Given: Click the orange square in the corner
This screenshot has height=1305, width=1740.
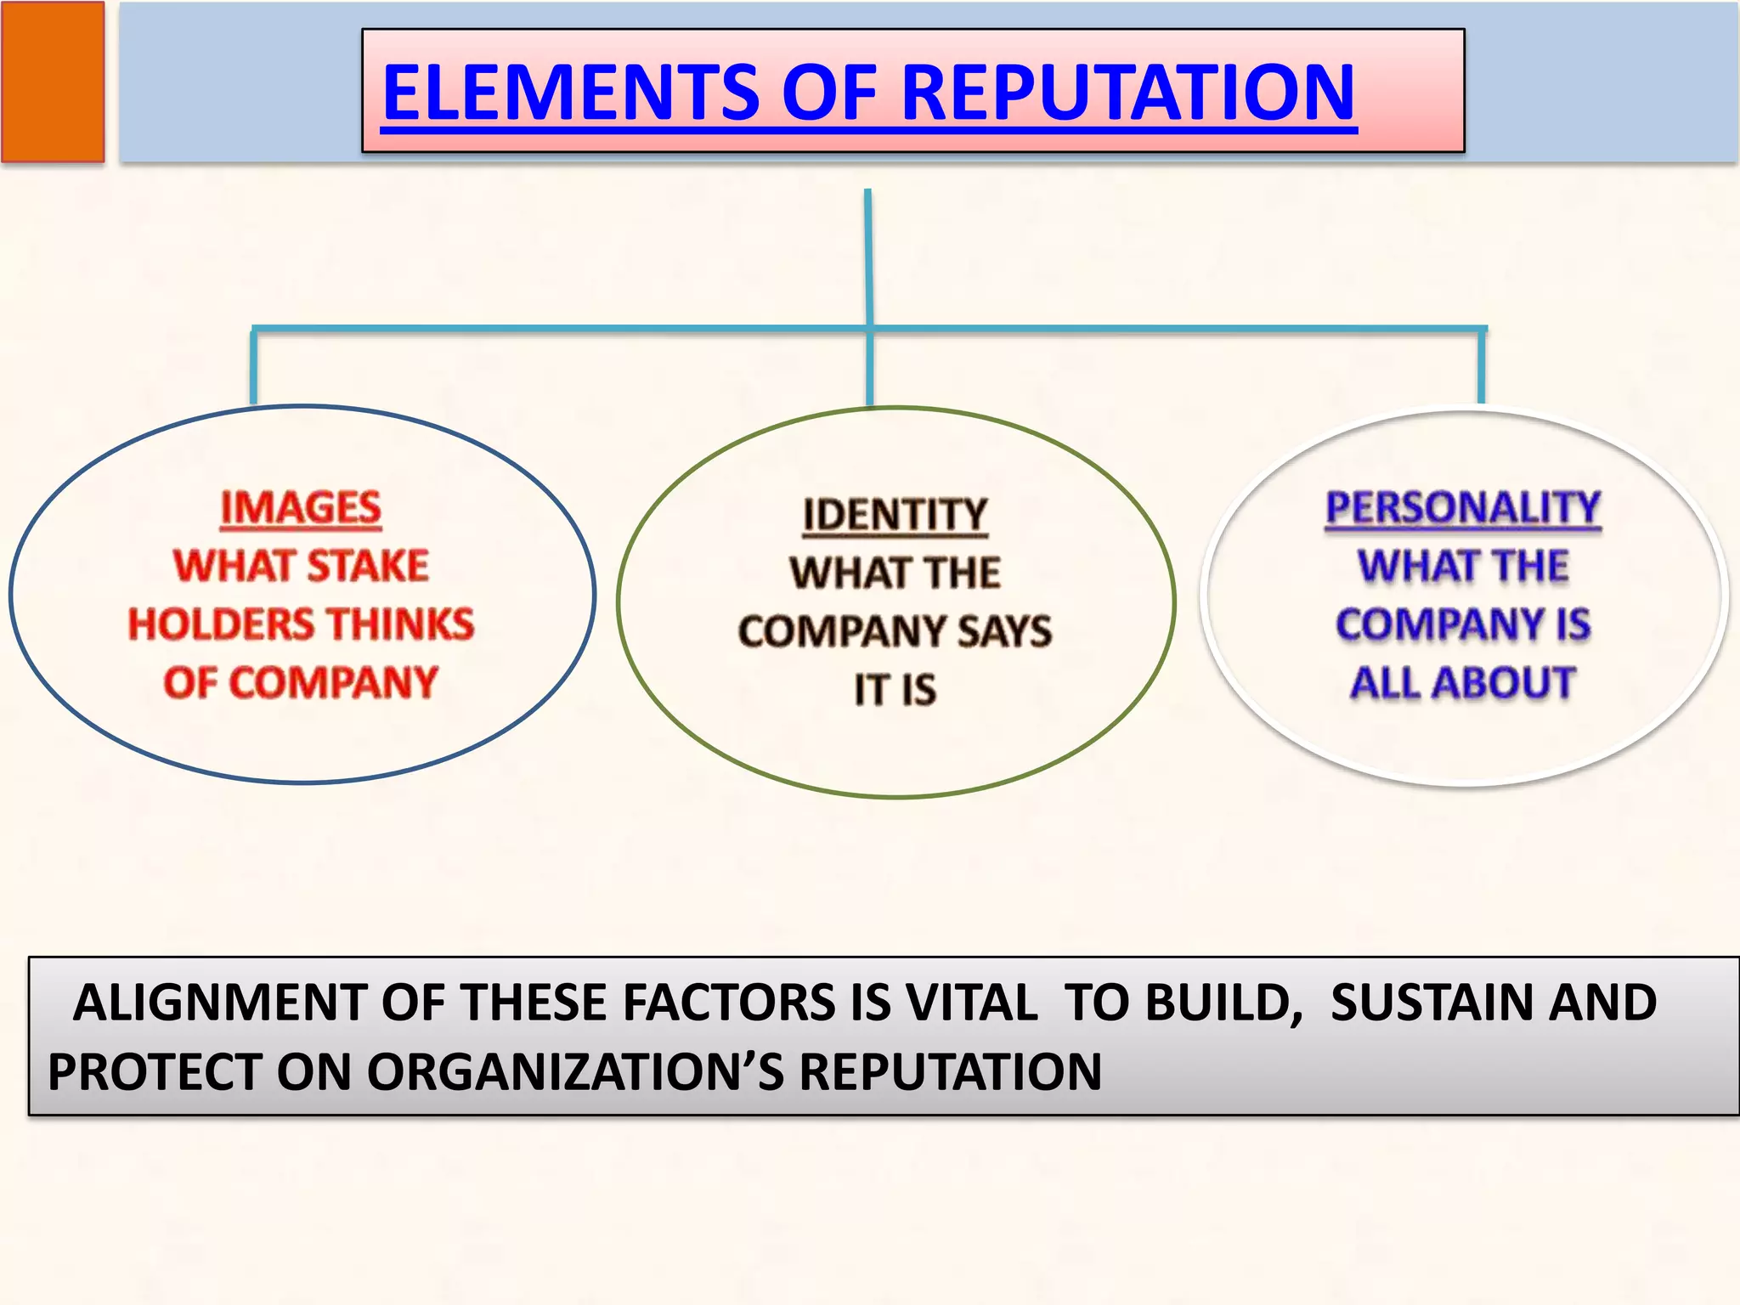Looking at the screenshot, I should click(53, 82).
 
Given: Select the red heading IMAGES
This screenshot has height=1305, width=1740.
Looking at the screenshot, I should click(301, 508).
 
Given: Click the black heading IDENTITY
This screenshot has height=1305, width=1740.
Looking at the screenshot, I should click(895, 515).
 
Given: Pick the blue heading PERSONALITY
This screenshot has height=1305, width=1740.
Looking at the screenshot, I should click(1463, 508).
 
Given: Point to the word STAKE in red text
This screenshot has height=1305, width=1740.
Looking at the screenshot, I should click(367, 566).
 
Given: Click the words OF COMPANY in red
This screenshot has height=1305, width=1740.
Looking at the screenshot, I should click(301, 682).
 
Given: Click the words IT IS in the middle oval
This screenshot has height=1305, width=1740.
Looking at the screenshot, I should click(895, 689).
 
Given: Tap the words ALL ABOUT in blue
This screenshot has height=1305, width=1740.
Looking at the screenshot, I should click(1463, 682).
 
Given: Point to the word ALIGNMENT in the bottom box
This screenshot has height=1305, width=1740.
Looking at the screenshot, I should click(219, 1003).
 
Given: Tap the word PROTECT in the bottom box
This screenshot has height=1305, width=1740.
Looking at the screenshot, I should click(154, 1071).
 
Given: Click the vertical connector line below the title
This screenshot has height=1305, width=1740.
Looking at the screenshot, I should click(868, 255).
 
